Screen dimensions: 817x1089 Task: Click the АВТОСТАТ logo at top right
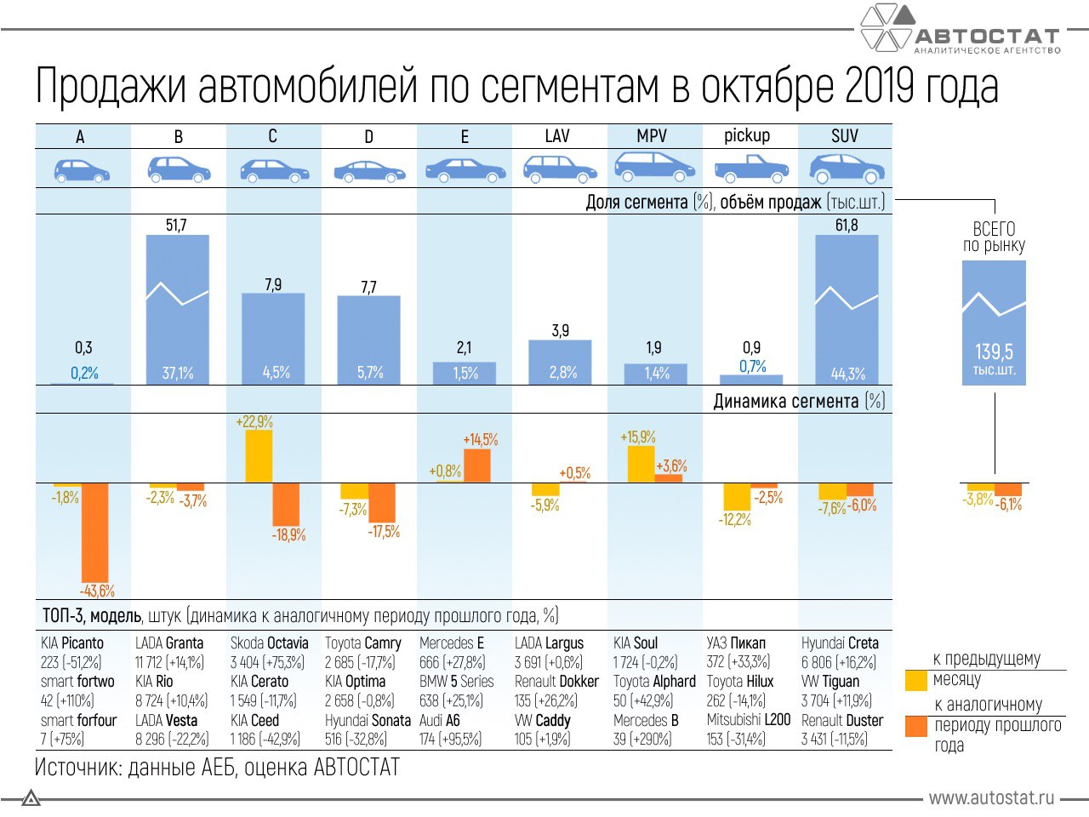(961, 31)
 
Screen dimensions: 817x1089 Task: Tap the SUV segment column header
(845, 136)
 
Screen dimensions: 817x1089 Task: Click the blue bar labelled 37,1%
(178, 310)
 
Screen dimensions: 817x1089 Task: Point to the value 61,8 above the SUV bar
(847, 226)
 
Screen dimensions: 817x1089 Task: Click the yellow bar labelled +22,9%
(259, 456)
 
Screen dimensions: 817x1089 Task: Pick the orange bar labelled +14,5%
(477, 466)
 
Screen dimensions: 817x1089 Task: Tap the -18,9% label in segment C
(288, 535)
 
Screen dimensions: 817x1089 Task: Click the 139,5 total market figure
(994, 351)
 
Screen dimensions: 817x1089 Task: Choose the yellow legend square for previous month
(915, 680)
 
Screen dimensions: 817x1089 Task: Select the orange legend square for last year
(915, 726)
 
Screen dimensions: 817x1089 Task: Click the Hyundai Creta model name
(840, 643)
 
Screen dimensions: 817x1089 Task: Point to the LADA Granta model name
(169, 643)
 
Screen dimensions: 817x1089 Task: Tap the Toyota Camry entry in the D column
(362, 643)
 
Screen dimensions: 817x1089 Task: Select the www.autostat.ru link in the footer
(991, 798)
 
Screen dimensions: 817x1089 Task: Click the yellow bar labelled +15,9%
(641, 464)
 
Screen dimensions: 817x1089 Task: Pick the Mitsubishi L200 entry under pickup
(749, 720)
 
